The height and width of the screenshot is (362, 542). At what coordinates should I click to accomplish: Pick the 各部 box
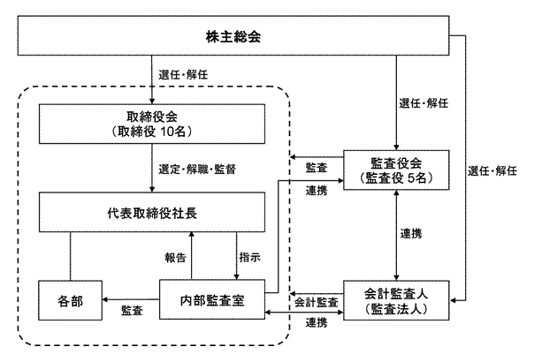click(71, 301)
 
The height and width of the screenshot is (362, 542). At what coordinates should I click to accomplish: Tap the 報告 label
click(175, 257)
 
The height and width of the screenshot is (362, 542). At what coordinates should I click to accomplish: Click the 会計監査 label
click(316, 301)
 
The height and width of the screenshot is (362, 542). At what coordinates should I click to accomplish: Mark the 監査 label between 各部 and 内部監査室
click(133, 312)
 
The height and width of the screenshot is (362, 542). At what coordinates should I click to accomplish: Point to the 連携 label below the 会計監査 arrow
click(316, 323)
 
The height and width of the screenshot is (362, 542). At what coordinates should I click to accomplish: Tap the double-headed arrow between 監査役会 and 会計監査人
click(397, 234)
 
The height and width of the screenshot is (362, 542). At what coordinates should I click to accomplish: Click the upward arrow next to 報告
click(192, 257)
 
